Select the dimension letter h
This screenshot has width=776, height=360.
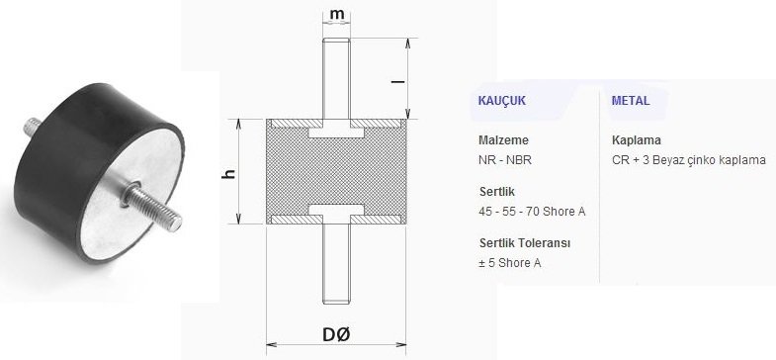[x=229, y=173]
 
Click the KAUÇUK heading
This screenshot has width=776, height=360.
[x=501, y=102]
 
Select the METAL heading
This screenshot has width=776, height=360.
[x=630, y=102]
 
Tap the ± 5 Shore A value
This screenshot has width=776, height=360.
[x=509, y=262]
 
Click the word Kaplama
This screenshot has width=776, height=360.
[x=636, y=140]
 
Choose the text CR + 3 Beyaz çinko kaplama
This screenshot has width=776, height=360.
[x=689, y=159]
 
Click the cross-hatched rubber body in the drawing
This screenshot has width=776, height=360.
[x=337, y=172]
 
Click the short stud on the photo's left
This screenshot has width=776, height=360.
[x=29, y=127]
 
